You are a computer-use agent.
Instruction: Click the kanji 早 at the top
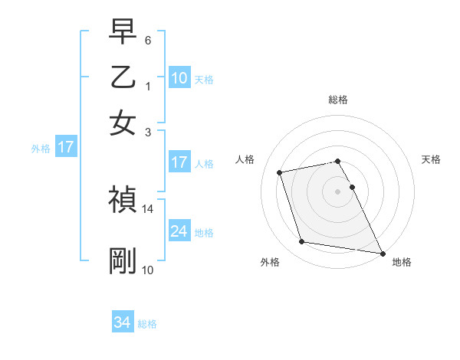pos(123,34)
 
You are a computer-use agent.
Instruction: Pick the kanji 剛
pos(123,261)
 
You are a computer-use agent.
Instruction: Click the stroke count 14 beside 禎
pos(148,208)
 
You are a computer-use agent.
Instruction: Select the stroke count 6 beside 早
pos(148,40)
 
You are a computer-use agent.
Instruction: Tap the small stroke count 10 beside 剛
pos(148,270)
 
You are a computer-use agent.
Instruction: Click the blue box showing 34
pos(123,322)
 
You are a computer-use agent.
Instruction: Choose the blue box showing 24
pos(179,231)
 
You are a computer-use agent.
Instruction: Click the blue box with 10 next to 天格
pos(179,78)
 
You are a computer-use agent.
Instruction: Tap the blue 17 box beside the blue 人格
pos(179,162)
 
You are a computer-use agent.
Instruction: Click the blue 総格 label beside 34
pos(147,324)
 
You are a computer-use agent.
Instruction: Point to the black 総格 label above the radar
pos(338,100)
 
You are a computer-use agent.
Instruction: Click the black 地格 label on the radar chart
pos(402,263)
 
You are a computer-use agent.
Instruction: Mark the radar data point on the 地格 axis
pos(382,252)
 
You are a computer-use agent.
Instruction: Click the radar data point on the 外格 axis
pos(302,242)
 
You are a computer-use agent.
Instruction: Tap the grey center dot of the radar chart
pos(338,191)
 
